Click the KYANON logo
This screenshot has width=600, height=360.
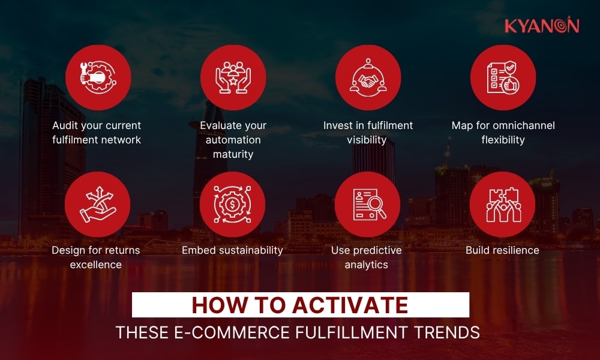[541, 26]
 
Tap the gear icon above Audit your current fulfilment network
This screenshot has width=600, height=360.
[98, 77]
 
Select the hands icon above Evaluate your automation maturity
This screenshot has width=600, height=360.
[233, 77]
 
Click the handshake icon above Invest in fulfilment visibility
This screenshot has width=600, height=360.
[368, 77]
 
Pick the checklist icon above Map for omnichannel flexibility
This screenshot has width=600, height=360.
[503, 77]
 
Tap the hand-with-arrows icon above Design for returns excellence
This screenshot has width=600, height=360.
[98, 204]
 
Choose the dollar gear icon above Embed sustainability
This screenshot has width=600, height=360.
[233, 204]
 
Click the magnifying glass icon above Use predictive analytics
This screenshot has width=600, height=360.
[368, 204]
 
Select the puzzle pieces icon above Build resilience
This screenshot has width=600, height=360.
[503, 204]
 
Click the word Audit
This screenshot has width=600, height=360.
[65, 126]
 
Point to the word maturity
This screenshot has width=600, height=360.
[233, 154]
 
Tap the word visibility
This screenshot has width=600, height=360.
[367, 140]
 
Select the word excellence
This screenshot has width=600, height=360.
[96, 265]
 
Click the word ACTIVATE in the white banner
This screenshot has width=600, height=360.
[350, 305]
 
